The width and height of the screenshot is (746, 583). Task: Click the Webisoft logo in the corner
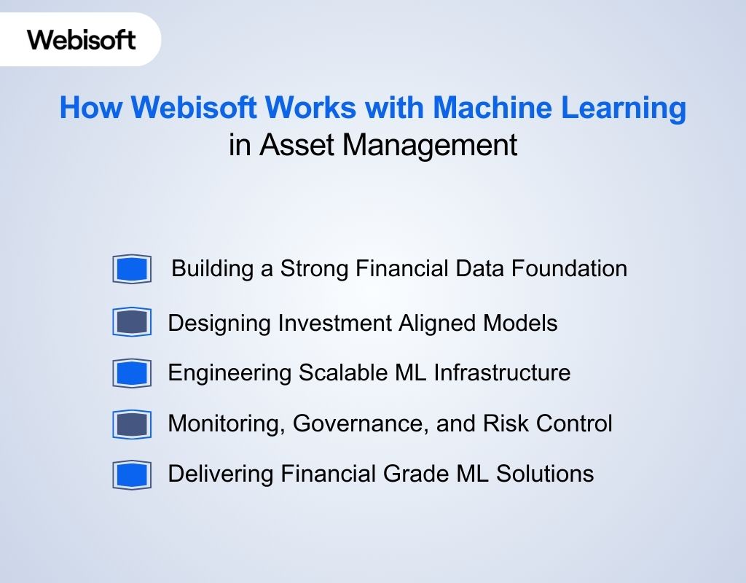coord(82,39)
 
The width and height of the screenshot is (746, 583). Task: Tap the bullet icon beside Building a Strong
coord(132,269)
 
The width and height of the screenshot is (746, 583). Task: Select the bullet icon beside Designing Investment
coord(132,322)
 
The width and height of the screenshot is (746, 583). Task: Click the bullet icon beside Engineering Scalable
coord(132,373)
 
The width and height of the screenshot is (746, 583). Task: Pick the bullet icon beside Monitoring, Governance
coord(132,423)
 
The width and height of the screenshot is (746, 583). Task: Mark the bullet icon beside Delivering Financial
coord(132,474)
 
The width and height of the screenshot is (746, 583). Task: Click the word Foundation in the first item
coord(569,268)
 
